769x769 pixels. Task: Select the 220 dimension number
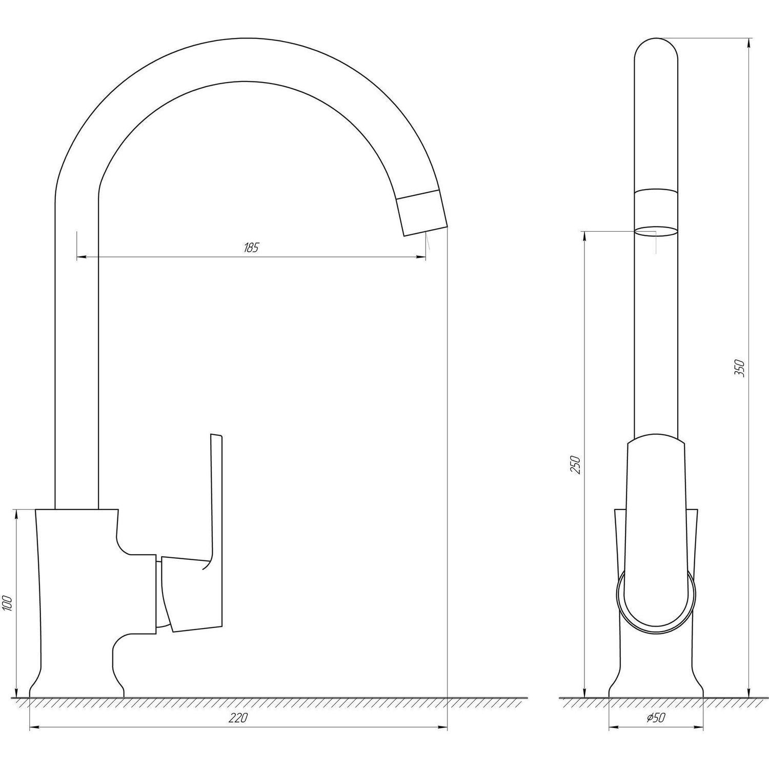click(238, 718)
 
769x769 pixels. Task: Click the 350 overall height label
click(739, 369)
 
